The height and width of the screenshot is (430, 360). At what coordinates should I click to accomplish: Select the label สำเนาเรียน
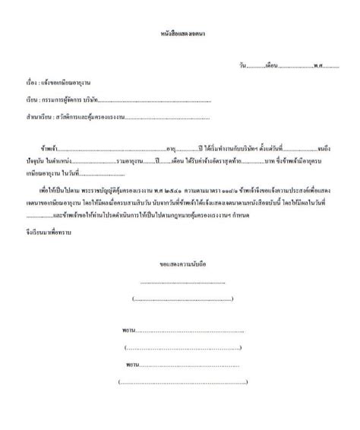pyautogui.click(x=36, y=117)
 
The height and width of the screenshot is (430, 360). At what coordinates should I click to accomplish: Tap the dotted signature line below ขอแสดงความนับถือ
pyautogui.click(x=183, y=282)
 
